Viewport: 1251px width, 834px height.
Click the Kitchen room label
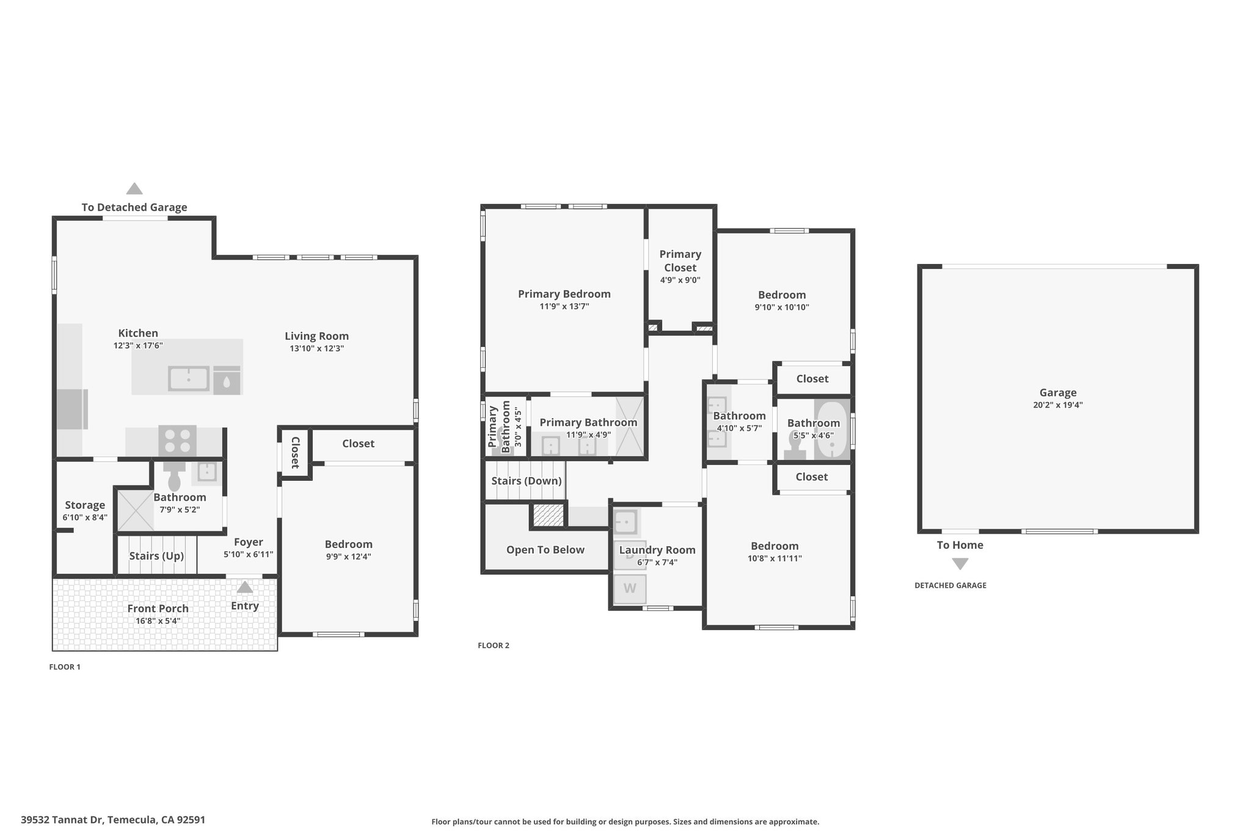(138, 333)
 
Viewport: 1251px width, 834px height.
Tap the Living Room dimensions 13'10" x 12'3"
(317, 348)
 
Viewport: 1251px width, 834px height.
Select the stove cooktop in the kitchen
(178, 441)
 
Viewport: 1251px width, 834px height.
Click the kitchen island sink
(189, 378)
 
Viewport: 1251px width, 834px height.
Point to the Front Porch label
(158, 608)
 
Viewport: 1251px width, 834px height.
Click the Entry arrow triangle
(245, 587)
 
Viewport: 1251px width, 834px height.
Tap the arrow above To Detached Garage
(134, 188)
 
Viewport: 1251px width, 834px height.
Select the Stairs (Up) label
(156, 556)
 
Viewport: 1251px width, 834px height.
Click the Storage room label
(85, 505)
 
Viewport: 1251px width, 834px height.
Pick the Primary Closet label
(680, 261)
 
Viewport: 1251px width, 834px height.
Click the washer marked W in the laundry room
(630, 589)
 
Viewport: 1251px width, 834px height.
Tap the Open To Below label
(545, 550)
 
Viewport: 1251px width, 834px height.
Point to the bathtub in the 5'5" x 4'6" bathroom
(832, 430)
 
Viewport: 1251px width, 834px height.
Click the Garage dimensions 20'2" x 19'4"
(1058, 404)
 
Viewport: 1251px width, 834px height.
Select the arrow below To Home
(960, 564)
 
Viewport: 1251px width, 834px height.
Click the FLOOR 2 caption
(494, 645)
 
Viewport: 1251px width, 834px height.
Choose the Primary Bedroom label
(564, 294)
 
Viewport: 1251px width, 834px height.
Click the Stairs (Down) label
(527, 481)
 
